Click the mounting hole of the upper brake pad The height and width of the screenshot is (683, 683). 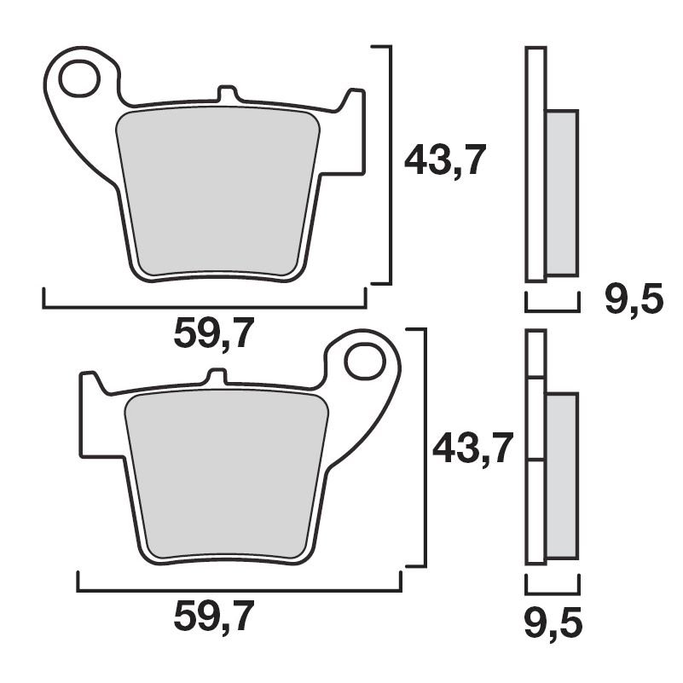tap(81, 76)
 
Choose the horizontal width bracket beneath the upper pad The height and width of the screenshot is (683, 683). tap(205, 304)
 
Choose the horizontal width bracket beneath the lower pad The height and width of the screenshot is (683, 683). tap(239, 588)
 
